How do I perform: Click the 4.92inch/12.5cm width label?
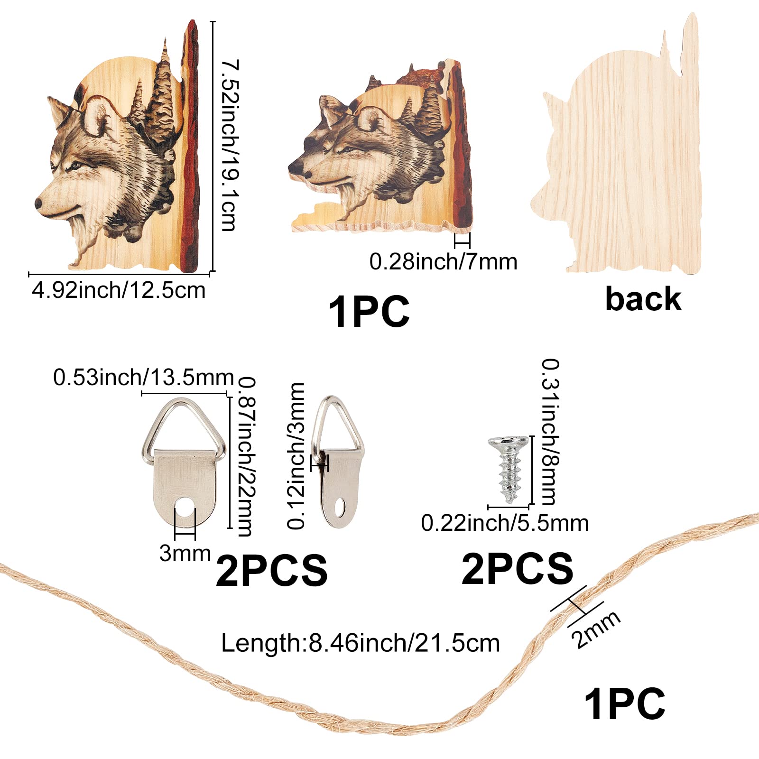[119, 290]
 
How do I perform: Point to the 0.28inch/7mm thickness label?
[443, 261]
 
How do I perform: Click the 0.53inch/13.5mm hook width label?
[143, 378]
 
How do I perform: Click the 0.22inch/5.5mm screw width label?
[505, 523]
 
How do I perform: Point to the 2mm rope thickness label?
[596, 629]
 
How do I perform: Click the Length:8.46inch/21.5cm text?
[361, 643]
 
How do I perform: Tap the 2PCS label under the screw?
[517, 568]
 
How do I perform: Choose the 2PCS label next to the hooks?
[271, 571]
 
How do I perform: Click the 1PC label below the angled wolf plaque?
[369, 311]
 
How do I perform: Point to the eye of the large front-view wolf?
[75, 166]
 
